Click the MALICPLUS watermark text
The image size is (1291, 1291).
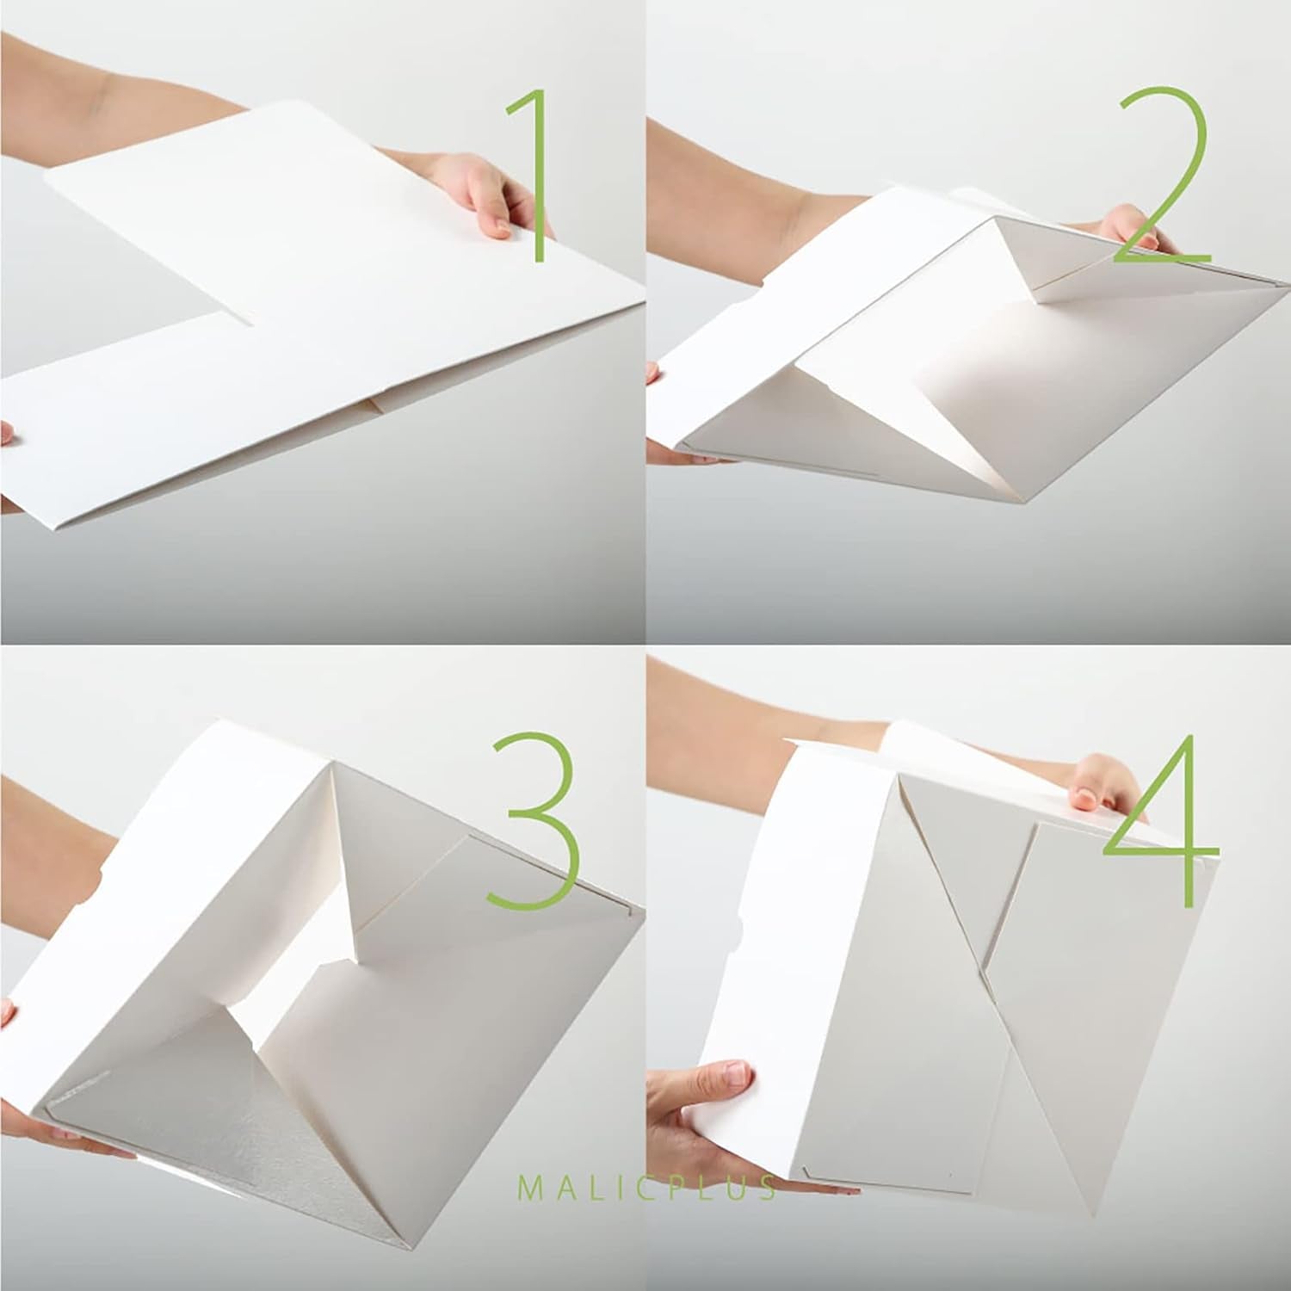(645, 1189)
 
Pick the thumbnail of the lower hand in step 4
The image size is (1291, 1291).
(735, 1074)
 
